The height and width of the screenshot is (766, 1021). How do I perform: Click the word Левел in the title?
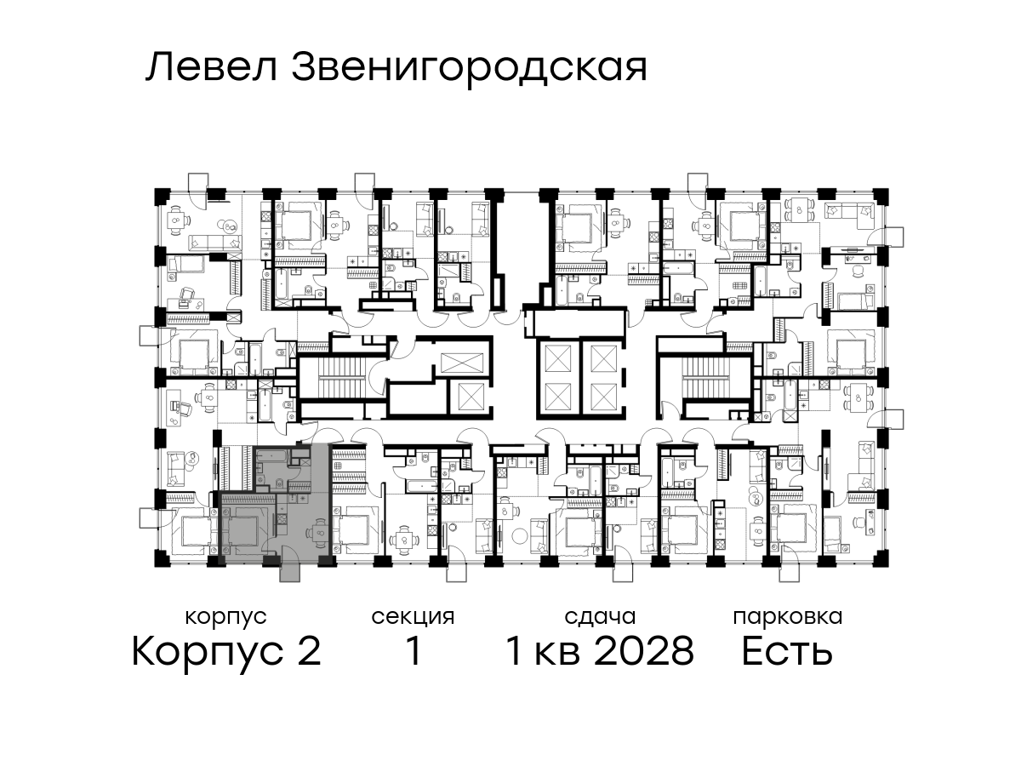point(211,67)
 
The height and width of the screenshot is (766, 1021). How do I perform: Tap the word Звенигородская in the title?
point(470,69)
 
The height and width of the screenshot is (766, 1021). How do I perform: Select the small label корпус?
point(225,618)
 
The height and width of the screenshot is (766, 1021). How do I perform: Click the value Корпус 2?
point(226,652)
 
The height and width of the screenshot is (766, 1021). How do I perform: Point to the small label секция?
point(413,618)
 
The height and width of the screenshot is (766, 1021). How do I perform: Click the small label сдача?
point(600,617)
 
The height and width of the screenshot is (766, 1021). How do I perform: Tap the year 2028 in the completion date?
point(644,651)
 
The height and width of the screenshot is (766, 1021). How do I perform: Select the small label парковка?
point(788,618)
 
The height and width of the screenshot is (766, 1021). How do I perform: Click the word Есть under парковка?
point(786,651)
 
